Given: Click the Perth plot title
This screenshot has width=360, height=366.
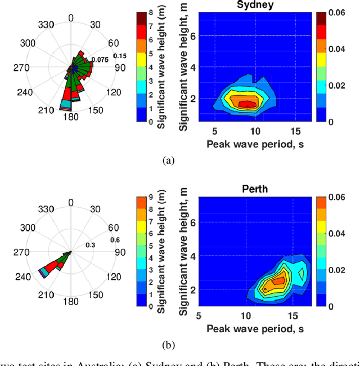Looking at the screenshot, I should point(255,189).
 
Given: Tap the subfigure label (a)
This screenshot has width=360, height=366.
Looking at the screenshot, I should point(168,160).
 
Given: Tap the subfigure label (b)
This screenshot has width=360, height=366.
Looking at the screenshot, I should point(168,345).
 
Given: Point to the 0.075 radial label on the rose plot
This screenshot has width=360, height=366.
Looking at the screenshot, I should point(100,60).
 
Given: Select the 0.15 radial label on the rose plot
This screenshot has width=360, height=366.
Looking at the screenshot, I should point(120,56).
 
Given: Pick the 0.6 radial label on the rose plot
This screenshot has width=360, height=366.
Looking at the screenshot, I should point(115,240).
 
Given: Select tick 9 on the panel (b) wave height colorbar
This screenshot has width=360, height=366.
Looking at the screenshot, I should point(151,197).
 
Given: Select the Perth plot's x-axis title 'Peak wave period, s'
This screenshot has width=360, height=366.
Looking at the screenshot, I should point(255,328).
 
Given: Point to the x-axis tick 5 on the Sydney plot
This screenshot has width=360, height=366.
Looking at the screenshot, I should point(215,131).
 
